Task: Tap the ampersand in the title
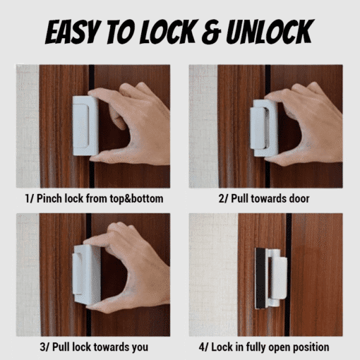212,32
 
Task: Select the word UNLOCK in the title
270,32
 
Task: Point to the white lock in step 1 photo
85,126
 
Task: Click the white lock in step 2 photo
263,128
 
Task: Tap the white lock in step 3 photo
86,274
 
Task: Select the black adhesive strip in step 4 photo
260,278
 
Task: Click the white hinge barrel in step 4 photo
274,277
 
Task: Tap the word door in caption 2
299,198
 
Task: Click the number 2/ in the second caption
223,198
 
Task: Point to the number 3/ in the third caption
44,347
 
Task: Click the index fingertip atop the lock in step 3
88,241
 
